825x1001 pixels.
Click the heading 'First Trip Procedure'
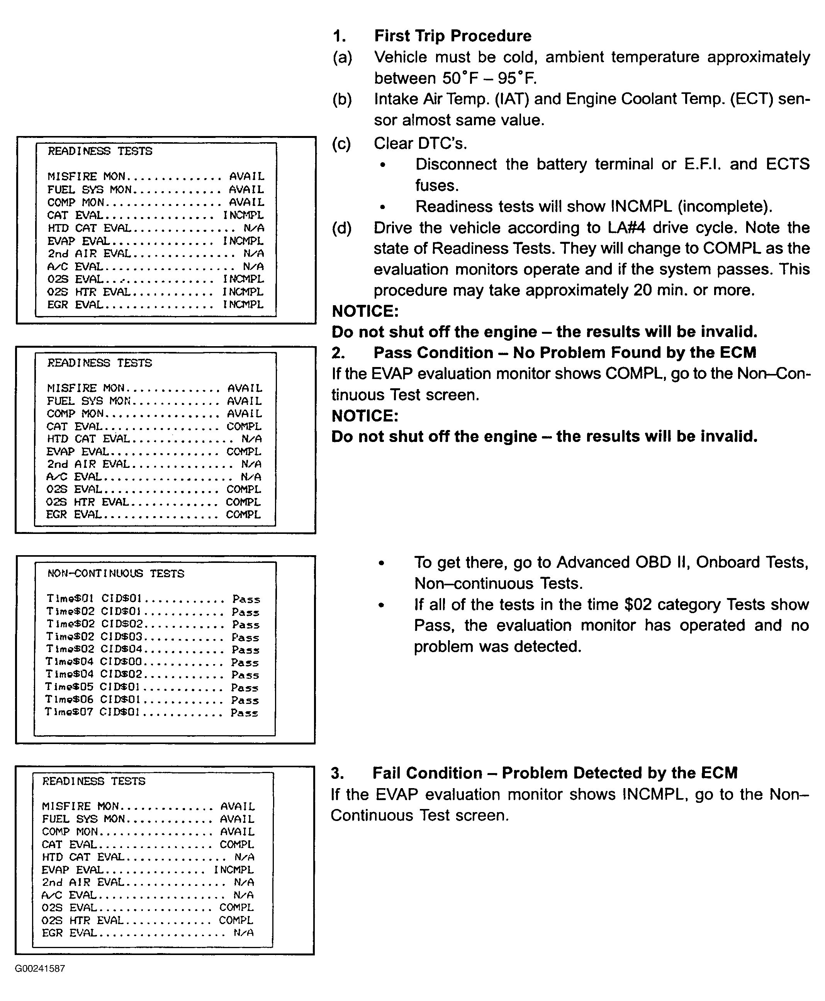(452, 36)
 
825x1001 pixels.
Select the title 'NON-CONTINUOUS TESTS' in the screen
(115, 574)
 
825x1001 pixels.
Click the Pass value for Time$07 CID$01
(244, 713)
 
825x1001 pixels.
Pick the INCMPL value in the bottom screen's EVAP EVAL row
(233, 870)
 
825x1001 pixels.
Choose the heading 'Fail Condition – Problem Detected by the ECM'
(555, 773)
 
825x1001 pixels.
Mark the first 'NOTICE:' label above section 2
(365, 311)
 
